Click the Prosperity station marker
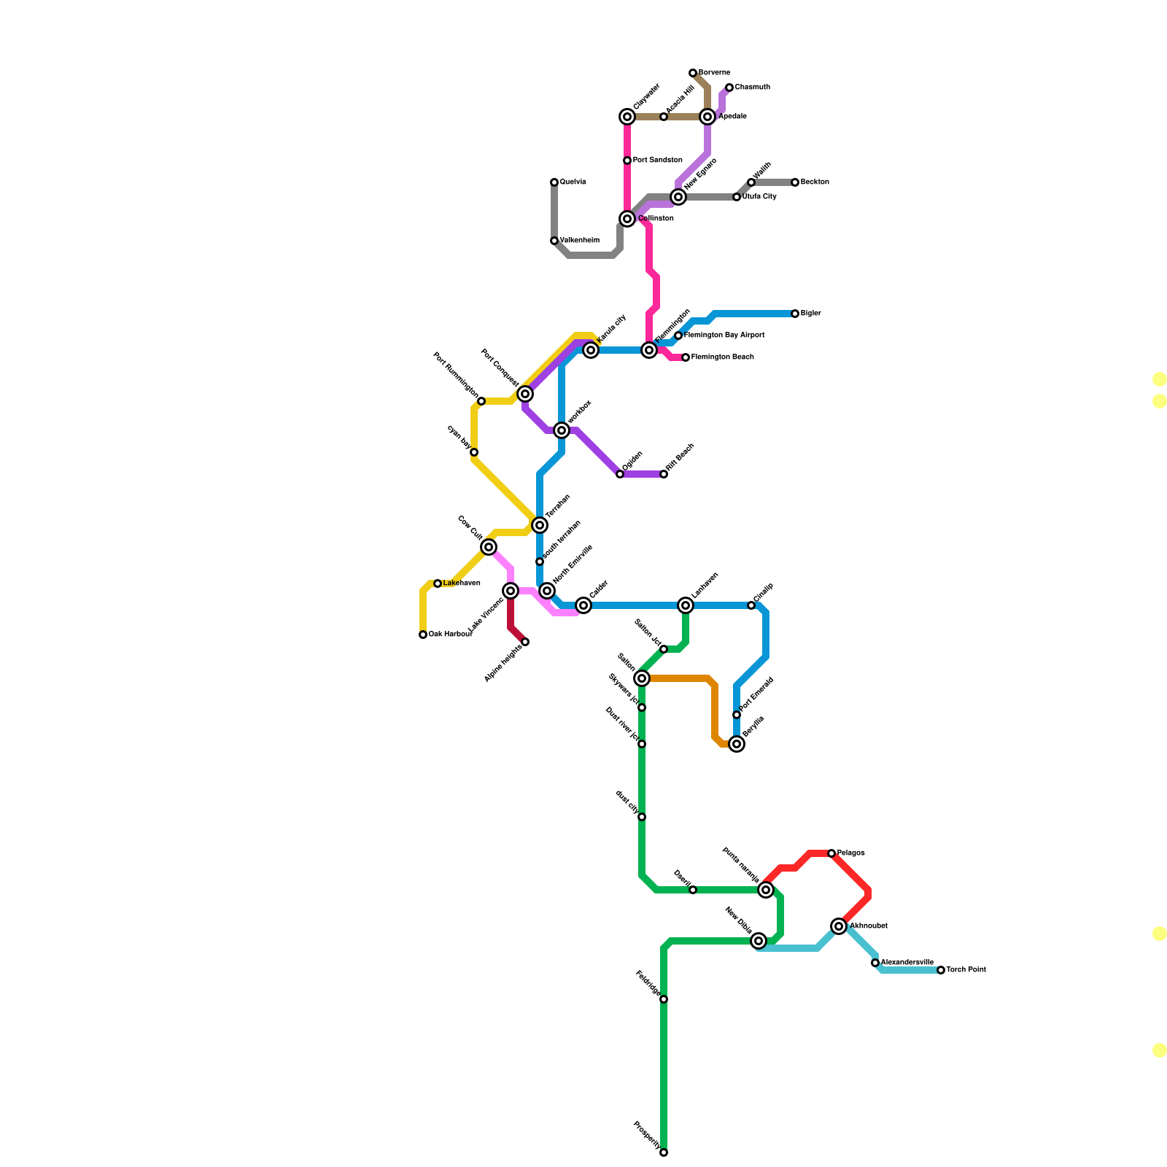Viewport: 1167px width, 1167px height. tap(664, 1152)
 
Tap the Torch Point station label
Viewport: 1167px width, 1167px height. tap(966, 970)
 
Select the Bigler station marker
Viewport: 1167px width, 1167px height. tap(795, 314)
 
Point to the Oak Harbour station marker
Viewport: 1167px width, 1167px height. tap(423, 635)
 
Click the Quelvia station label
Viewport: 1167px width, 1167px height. tap(573, 182)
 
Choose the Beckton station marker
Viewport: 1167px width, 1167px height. tap(795, 182)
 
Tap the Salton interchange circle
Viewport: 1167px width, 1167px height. tap(642, 678)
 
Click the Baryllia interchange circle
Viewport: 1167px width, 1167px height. tap(737, 744)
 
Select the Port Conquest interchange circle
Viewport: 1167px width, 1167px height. tap(525, 394)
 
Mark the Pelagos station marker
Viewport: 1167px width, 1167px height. tap(831, 853)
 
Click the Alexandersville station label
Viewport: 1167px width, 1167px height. tap(907, 963)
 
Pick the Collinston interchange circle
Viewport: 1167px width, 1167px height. tap(627, 219)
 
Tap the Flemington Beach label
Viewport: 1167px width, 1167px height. tap(722, 357)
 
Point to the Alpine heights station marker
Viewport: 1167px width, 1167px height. tap(525, 642)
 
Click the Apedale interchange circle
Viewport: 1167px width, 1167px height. tap(707, 117)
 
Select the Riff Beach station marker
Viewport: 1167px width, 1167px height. tap(664, 474)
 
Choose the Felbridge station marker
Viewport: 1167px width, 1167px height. tap(664, 999)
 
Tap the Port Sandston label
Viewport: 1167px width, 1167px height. tap(657, 160)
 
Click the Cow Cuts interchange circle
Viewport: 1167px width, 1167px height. tap(489, 547)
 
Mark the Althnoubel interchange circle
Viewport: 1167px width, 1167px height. tap(839, 926)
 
